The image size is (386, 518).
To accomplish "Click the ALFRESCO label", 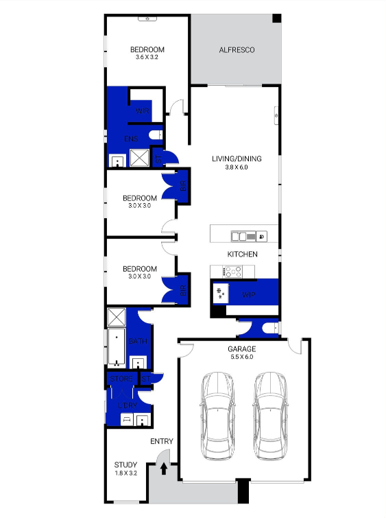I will (x=237, y=50).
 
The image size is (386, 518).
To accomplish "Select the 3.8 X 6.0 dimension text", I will (x=236, y=167).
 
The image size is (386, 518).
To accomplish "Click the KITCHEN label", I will (x=243, y=255).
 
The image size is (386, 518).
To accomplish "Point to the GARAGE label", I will (x=241, y=349).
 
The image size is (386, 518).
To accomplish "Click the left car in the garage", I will (x=217, y=416).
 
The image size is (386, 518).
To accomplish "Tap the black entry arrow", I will (x=163, y=469).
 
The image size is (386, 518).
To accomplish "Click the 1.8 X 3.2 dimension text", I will (x=125, y=473).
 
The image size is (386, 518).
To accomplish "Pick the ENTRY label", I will (x=161, y=441).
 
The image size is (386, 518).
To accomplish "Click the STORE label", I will (x=121, y=378).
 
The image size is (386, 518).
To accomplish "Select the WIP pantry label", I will (x=249, y=295).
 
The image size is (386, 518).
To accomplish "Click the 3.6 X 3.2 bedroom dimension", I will (x=148, y=58).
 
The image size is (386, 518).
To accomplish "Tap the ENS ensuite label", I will (x=131, y=139).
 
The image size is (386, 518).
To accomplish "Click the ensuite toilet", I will (x=156, y=135).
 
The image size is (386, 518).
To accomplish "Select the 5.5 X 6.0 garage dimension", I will (x=241, y=357).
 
